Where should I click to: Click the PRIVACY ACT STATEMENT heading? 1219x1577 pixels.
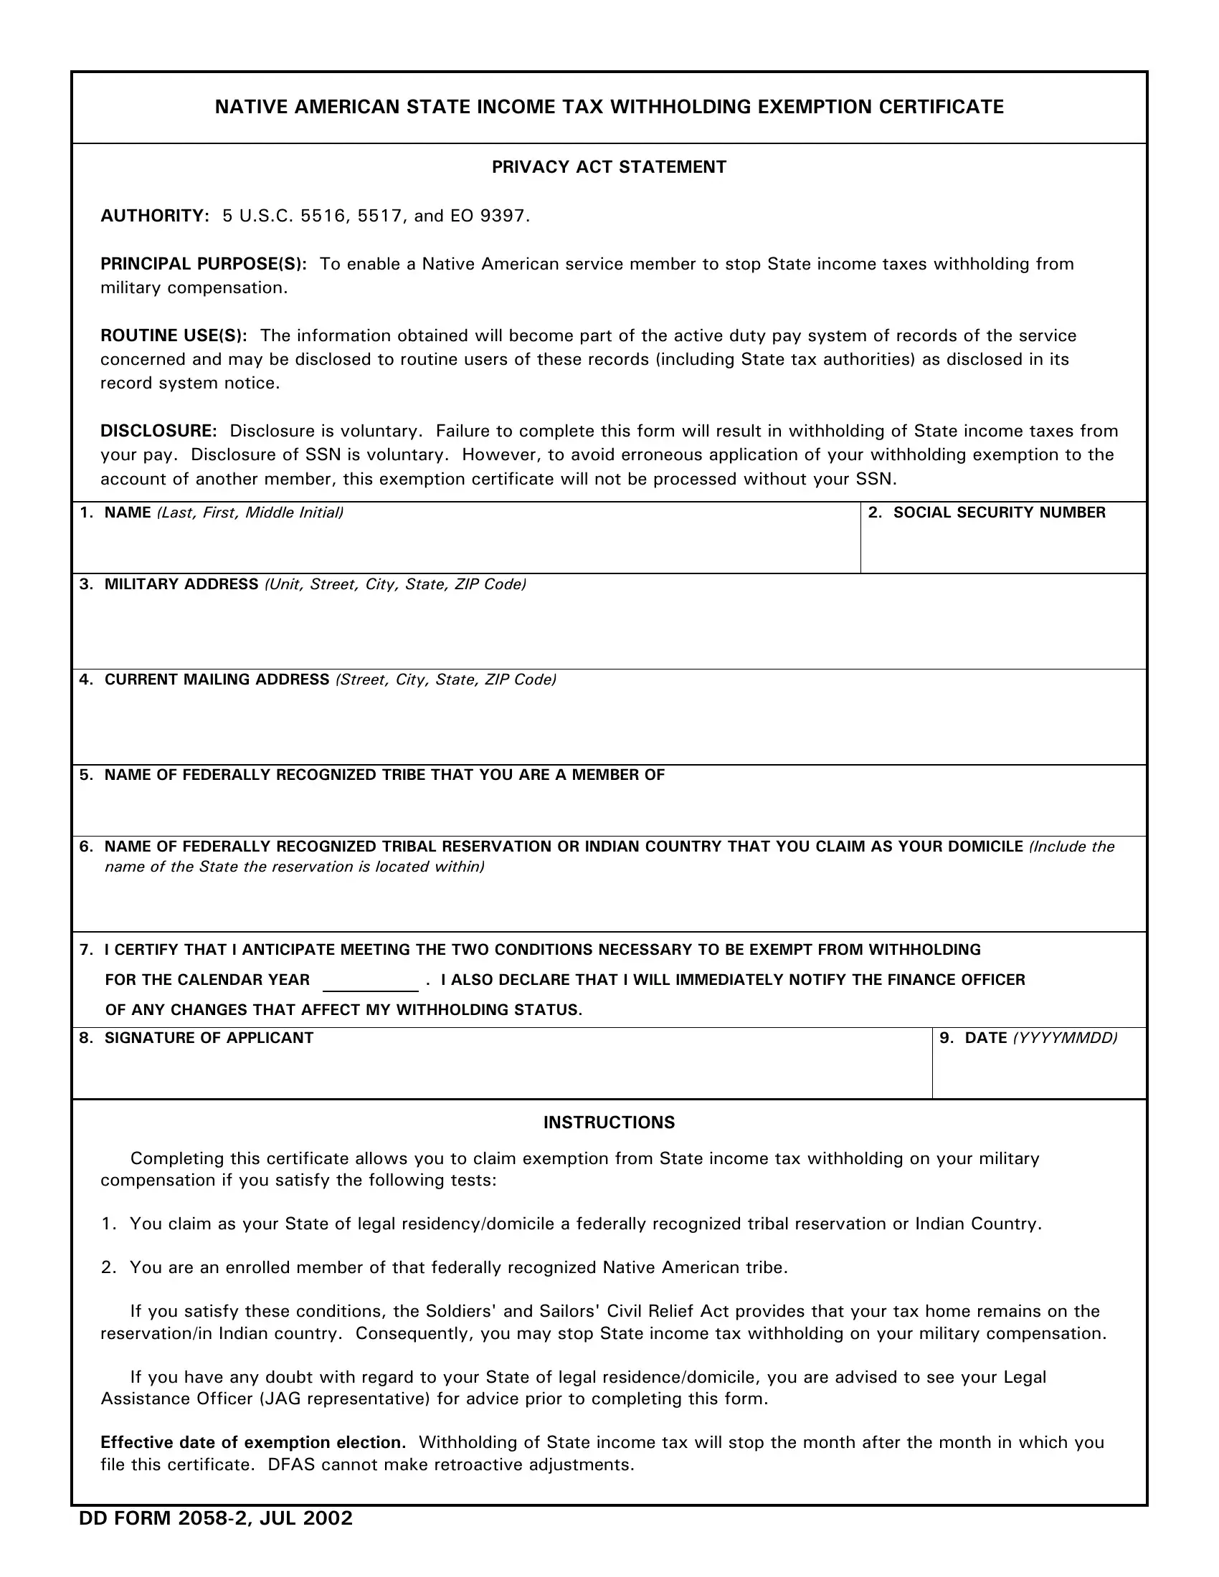(609, 167)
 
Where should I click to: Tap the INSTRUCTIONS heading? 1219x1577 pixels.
(609, 1122)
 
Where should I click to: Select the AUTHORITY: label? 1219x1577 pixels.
(155, 216)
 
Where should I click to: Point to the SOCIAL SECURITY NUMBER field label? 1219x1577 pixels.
(999, 513)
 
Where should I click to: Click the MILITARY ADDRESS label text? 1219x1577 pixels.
(181, 584)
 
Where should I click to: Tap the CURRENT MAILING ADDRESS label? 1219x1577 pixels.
(217, 680)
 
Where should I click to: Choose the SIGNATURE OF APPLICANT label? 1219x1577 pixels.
(209, 1038)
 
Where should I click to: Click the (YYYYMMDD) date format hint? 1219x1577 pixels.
(1065, 1038)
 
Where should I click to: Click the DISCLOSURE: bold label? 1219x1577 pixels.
(158, 431)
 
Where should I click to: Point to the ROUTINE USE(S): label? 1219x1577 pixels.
(174, 335)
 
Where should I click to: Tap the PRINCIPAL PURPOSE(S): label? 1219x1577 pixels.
(203, 265)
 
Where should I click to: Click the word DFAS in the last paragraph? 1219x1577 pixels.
(292, 1464)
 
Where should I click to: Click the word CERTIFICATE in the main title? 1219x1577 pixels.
(941, 107)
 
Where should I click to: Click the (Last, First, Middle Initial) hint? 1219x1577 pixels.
(250, 513)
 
